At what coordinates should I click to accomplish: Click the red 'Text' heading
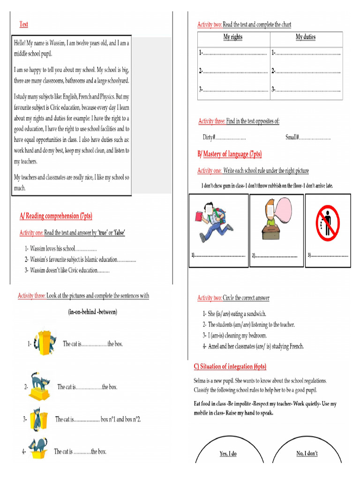pyautogui.click(x=23, y=24)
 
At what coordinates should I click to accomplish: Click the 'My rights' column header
pyautogui.click(x=233, y=37)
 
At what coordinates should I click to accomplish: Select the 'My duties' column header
pyautogui.click(x=306, y=37)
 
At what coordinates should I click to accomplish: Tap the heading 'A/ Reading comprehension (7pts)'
pyautogui.click(x=56, y=216)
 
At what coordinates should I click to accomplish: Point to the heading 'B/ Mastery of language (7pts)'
pyautogui.click(x=230, y=154)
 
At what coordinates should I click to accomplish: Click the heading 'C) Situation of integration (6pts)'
pyautogui.click(x=230, y=367)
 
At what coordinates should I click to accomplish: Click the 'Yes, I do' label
pyautogui.click(x=228, y=454)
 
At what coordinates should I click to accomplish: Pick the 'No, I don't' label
pyautogui.click(x=307, y=454)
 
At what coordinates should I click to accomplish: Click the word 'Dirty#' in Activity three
pyautogui.click(x=209, y=137)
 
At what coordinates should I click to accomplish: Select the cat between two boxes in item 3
pyautogui.click(x=37, y=419)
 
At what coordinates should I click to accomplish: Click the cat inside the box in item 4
pyautogui.click(x=37, y=448)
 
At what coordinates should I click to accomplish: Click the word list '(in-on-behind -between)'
pyautogui.click(x=92, y=312)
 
